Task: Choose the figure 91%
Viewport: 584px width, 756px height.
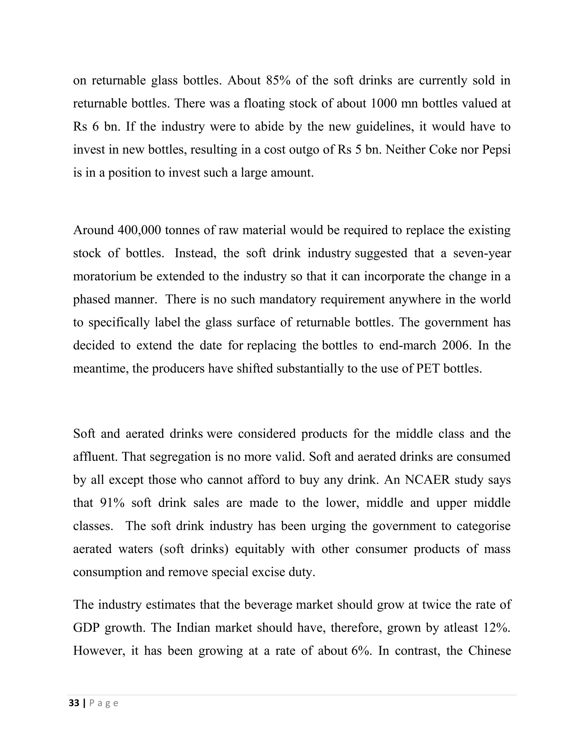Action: tap(112, 503)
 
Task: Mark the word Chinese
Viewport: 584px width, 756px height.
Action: tap(489, 651)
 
